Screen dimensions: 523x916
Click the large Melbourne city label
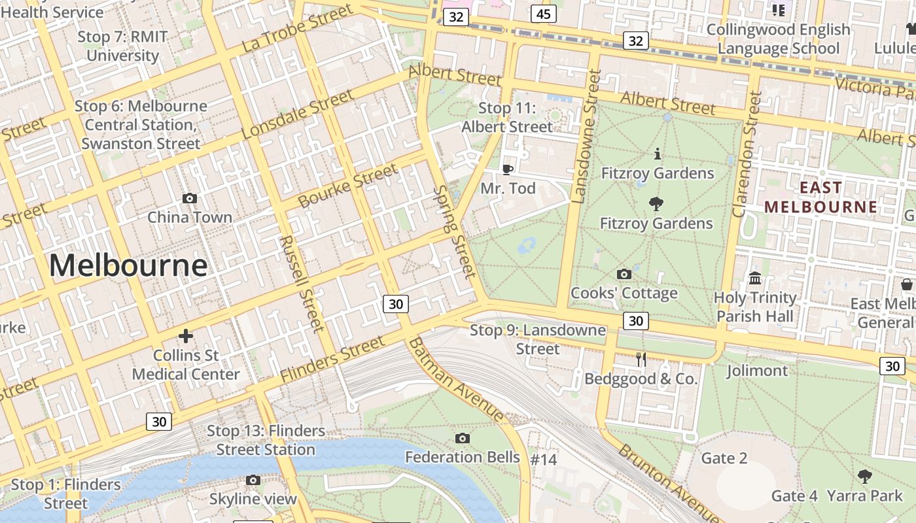pyautogui.click(x=128, y=265)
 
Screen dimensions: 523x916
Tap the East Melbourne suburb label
pyautogui.click(x=820, y=197)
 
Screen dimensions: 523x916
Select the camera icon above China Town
pyautogui.click(x=190, y=198)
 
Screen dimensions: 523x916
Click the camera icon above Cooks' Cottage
pyautogui.click(x=624, y=274)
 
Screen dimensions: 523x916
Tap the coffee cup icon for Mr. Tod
pyautogui.click(x=508, y=169)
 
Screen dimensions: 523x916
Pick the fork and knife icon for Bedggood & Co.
pyautogui.click(x=641, y=359)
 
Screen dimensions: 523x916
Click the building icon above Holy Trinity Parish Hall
pyautogui.click(x=755, y=278)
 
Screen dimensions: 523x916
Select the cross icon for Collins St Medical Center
pyautogui.click(x=186, y=336)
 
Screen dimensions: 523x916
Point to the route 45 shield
pyautogui.click(x=544, y=14)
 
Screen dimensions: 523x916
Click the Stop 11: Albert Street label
pyautogui.click(x=508, y=118)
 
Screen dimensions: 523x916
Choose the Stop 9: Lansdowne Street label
pyautogui.click(x=538, y=339)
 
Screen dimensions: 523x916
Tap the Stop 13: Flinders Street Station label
pyautogui.click(x=266, y=440)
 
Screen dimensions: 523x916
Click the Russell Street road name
pyautogui.click(x=302, y=284)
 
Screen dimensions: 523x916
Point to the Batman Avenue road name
pyautogui.click(x=456, y=380)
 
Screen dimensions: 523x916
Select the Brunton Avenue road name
pyautogui.click(x=667, y=481)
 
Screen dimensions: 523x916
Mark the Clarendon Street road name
pyautogui.click(x=747, y=154)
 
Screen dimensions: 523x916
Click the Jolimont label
pyautogui.click(x=757, y=371)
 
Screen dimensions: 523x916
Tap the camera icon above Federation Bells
pyautogui.click(x=463, y=438)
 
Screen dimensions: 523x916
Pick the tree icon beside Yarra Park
pyautogui.click(x=864, y=477)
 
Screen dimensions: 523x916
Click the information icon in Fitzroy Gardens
pyautogui.click(x=658, y=154)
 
